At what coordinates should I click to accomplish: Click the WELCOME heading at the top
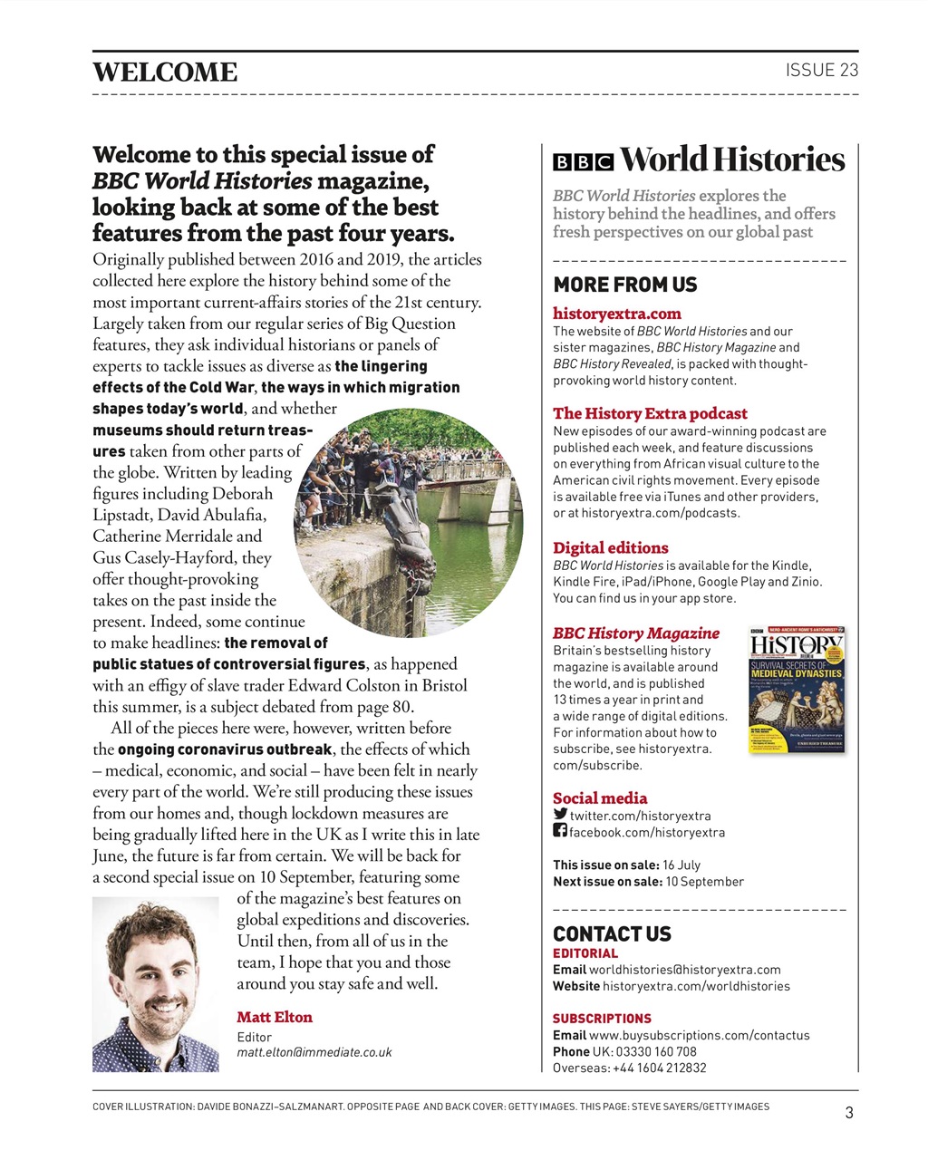(x=165, y=72)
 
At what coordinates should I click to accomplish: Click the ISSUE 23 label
(x=821, y=71)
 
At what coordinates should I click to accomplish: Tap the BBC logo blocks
(x=583, y=162)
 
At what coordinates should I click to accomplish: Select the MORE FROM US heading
(x=625, y=285)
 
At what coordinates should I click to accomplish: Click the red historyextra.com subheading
(x=617, y=314)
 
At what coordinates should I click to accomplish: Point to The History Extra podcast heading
(x=650, y=413)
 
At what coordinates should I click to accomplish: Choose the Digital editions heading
(x=611, y=547)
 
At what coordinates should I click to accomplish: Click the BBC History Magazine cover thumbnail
(x=797, y=690)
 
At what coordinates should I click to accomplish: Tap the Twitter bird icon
(x=560, y=814)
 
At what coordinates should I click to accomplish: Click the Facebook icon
(x=560, y=830)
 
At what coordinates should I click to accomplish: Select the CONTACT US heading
(x=612, y=934)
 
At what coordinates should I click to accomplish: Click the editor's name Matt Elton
(x=275, y=1017)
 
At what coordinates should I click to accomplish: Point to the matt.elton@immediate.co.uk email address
(x=314, y=1052)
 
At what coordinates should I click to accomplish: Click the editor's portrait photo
(x=156, y=984)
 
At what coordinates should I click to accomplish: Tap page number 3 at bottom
(x=848, y=1113)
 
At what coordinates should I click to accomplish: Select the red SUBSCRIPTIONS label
(x=602, y=1019)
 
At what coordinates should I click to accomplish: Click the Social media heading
(x=600, y=798)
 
